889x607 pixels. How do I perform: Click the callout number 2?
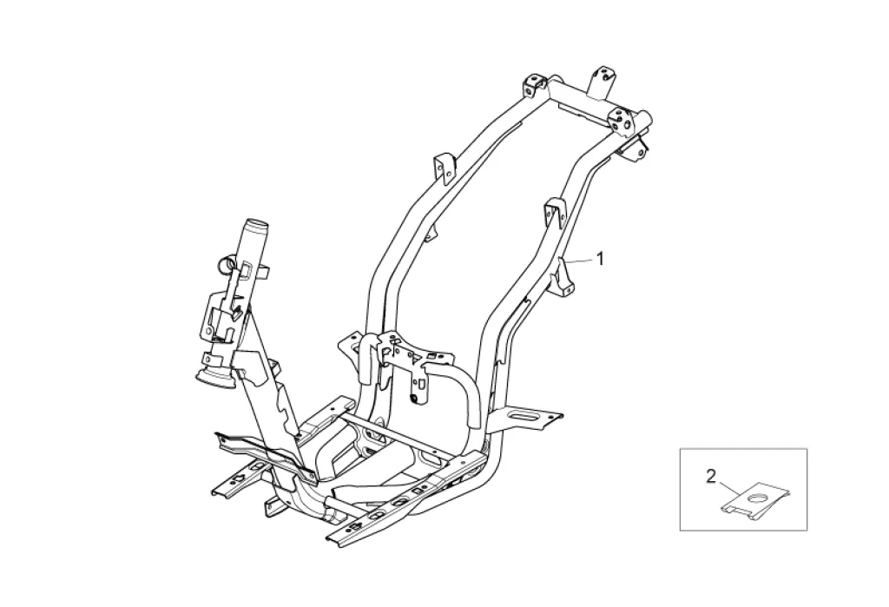pyautogui.click(x=710, y=476)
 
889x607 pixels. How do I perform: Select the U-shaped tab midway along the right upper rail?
pyautogui.click(x=552, y=211)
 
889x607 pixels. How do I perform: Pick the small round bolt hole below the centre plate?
pyautogui.click(x=415, y=373)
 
